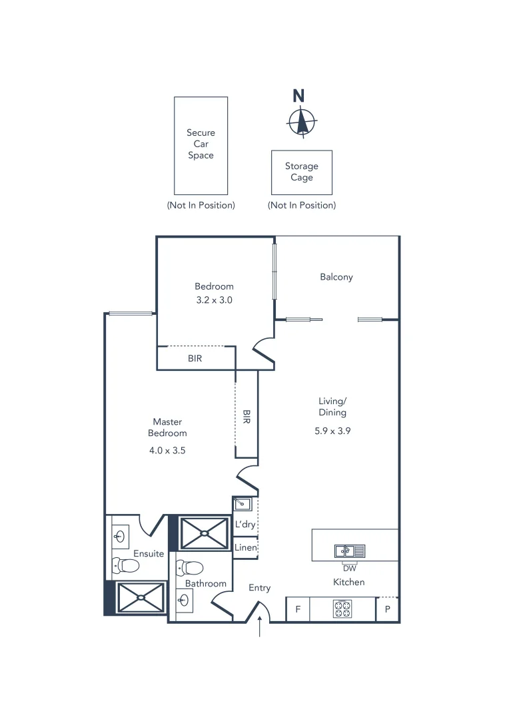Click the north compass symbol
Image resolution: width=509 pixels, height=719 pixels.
302,122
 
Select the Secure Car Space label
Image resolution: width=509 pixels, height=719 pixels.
201,144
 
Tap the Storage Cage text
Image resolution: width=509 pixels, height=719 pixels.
302,172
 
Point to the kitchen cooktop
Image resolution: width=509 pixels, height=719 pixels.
343,608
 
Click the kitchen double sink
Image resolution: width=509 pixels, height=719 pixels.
350,551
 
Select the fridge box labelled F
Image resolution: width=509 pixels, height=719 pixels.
298,609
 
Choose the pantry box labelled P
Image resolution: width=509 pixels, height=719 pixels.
387,609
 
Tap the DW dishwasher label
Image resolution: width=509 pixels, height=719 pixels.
349,568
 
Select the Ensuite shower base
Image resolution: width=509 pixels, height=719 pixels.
141,597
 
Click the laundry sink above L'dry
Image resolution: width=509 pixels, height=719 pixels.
241,504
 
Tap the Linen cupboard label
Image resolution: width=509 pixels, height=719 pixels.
245,547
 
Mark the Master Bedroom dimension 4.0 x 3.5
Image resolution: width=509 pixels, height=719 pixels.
167,450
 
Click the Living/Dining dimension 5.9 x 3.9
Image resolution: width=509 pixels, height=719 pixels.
332,431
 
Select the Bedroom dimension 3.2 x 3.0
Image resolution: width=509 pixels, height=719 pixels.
214,300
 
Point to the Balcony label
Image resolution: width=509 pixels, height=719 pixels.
336,277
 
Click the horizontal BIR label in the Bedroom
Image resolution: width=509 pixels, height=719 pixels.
195,358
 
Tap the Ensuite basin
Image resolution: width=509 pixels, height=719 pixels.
121,535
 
